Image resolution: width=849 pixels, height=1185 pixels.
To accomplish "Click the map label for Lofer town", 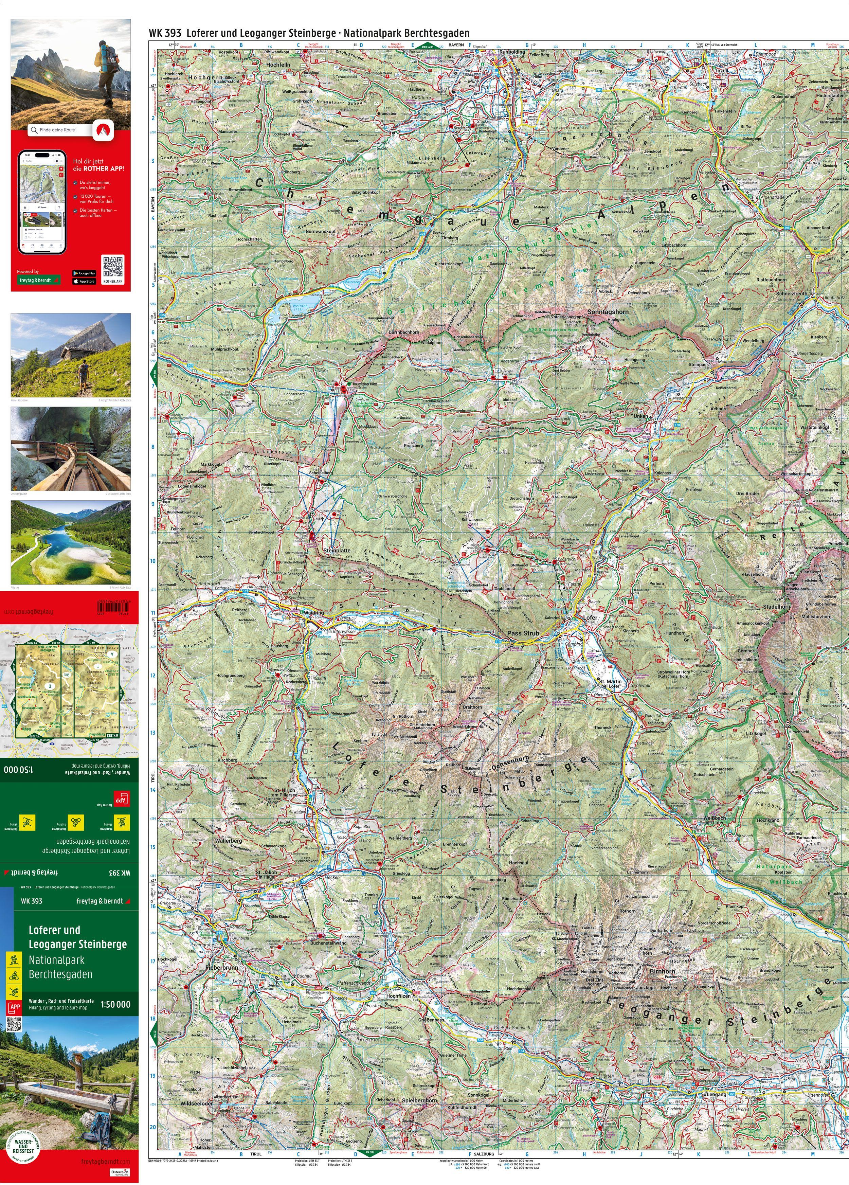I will coord(590,617).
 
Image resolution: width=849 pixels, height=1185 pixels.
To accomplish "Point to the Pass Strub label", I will coord(523,633).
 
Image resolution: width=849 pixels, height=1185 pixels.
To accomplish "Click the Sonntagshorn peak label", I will coord(608,311).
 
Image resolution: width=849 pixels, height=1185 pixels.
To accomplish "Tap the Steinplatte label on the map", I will coord(337,551).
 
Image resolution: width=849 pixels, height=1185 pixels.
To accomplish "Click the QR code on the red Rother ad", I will coord(113,267).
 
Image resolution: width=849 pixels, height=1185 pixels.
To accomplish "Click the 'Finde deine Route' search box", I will coord(60,130).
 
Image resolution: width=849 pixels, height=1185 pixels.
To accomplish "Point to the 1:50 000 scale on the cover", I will coord(115,1004).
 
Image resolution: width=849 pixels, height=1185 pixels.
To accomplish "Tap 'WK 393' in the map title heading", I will coord(165,33).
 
